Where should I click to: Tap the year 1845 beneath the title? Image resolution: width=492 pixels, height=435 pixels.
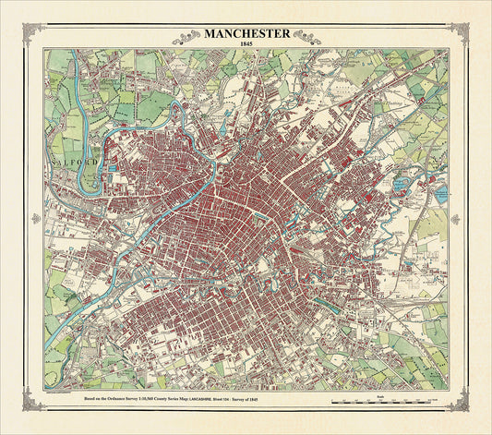tap(246, 45)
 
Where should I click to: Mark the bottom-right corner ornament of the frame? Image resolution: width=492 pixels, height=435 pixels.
tap(458, 399)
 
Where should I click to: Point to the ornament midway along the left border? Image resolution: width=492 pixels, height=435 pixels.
tap(36, 219)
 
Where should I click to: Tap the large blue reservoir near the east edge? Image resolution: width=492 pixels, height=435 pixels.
tap(440, 194)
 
